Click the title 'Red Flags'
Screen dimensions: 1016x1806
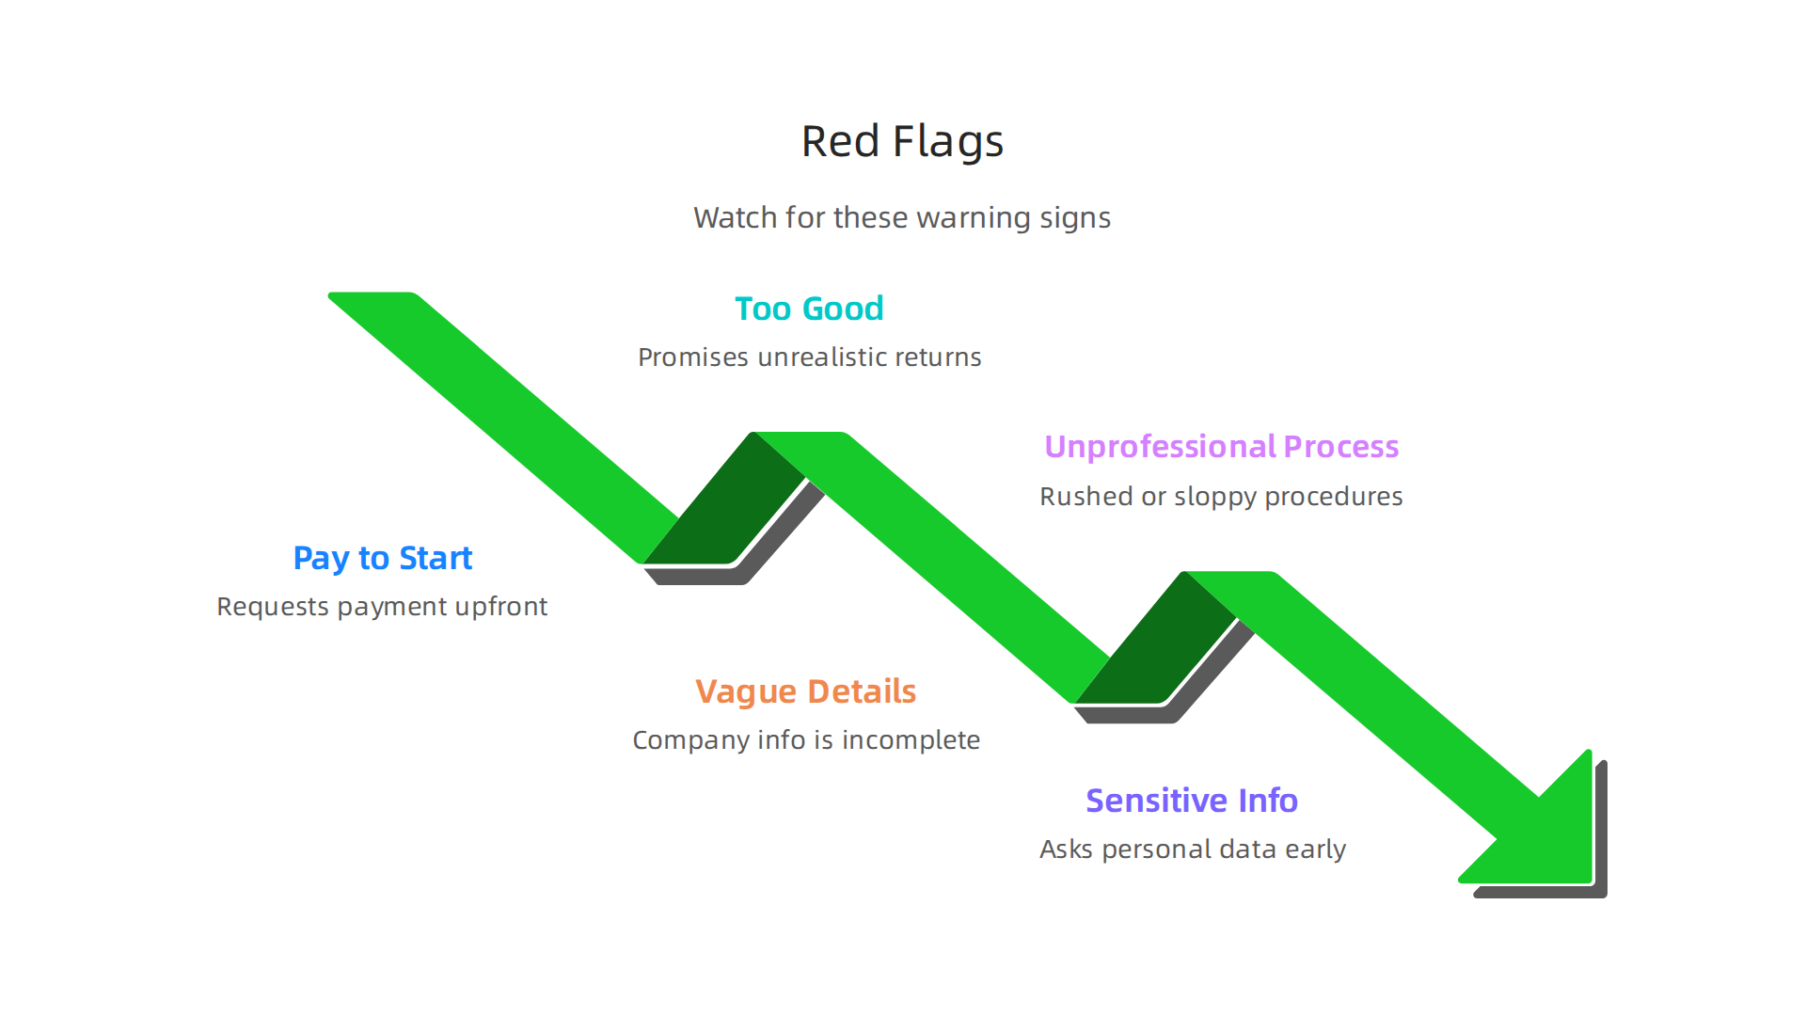(902, 142)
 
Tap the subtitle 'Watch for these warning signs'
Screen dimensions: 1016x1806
(902, 218)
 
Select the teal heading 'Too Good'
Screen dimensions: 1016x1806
(809, 309)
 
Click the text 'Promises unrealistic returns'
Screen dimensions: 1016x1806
(809, 357)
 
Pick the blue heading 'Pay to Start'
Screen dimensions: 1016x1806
(382, 558)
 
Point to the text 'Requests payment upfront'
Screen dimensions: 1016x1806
(382, 607)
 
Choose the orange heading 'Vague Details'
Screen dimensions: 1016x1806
(805, 691)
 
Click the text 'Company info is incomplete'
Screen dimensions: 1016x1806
(806, 740)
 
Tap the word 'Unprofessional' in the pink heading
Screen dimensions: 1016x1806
(1160, 447)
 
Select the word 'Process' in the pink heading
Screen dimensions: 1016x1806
(1341, 447)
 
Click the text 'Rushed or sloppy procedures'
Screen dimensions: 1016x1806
(1221, 497)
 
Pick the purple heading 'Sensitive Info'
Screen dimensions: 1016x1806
(1192, 801)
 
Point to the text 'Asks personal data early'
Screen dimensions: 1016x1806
(1193, 849)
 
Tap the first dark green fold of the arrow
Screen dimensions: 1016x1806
(724, 508)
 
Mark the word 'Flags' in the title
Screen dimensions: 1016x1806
(948, 142)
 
